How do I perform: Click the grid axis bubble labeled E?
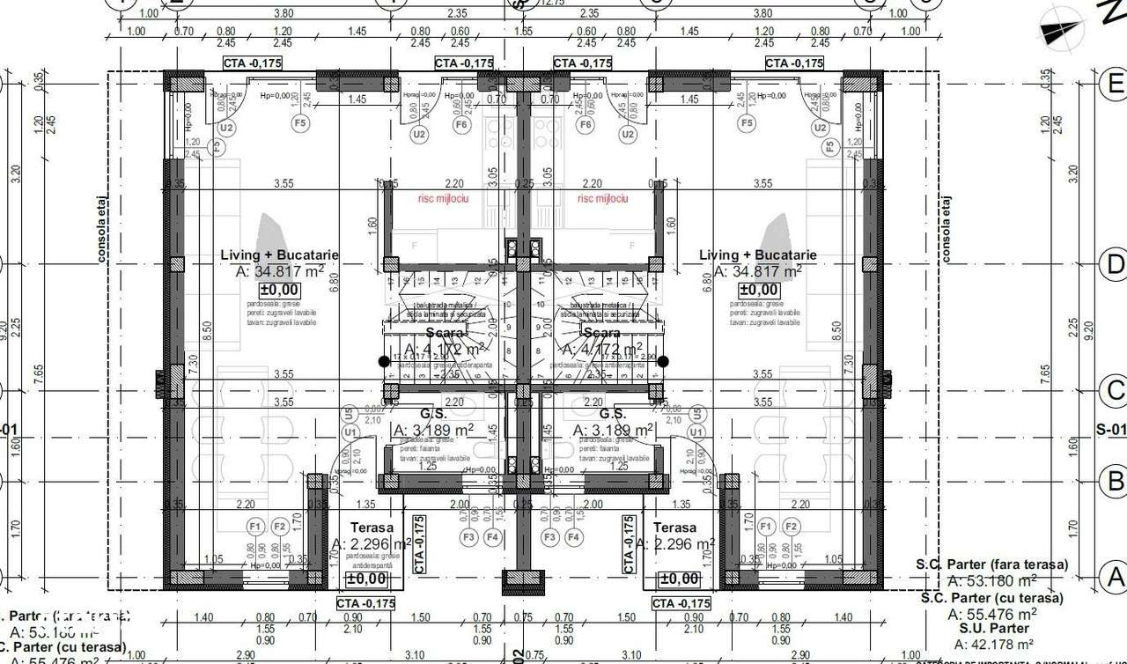point(1115,84)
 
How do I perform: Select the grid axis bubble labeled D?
point(1115,263)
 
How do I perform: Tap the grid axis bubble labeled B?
point(1115,482)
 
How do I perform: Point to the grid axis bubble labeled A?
point(1115,578)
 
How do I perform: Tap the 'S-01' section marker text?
point(1111,430)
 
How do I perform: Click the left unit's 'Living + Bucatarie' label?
point(279,255)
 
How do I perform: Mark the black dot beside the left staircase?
point(384,361)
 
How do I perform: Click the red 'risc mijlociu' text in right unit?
point(602,199)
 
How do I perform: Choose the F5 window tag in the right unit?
point(747,123)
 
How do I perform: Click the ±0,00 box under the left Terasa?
point(366,579)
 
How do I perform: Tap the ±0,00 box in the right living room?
point(758,290)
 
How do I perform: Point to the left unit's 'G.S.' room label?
point(433,414)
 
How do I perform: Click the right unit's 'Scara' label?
point(601,334)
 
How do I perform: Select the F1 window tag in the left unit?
point(256,527)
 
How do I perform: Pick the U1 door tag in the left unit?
point(350,432)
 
